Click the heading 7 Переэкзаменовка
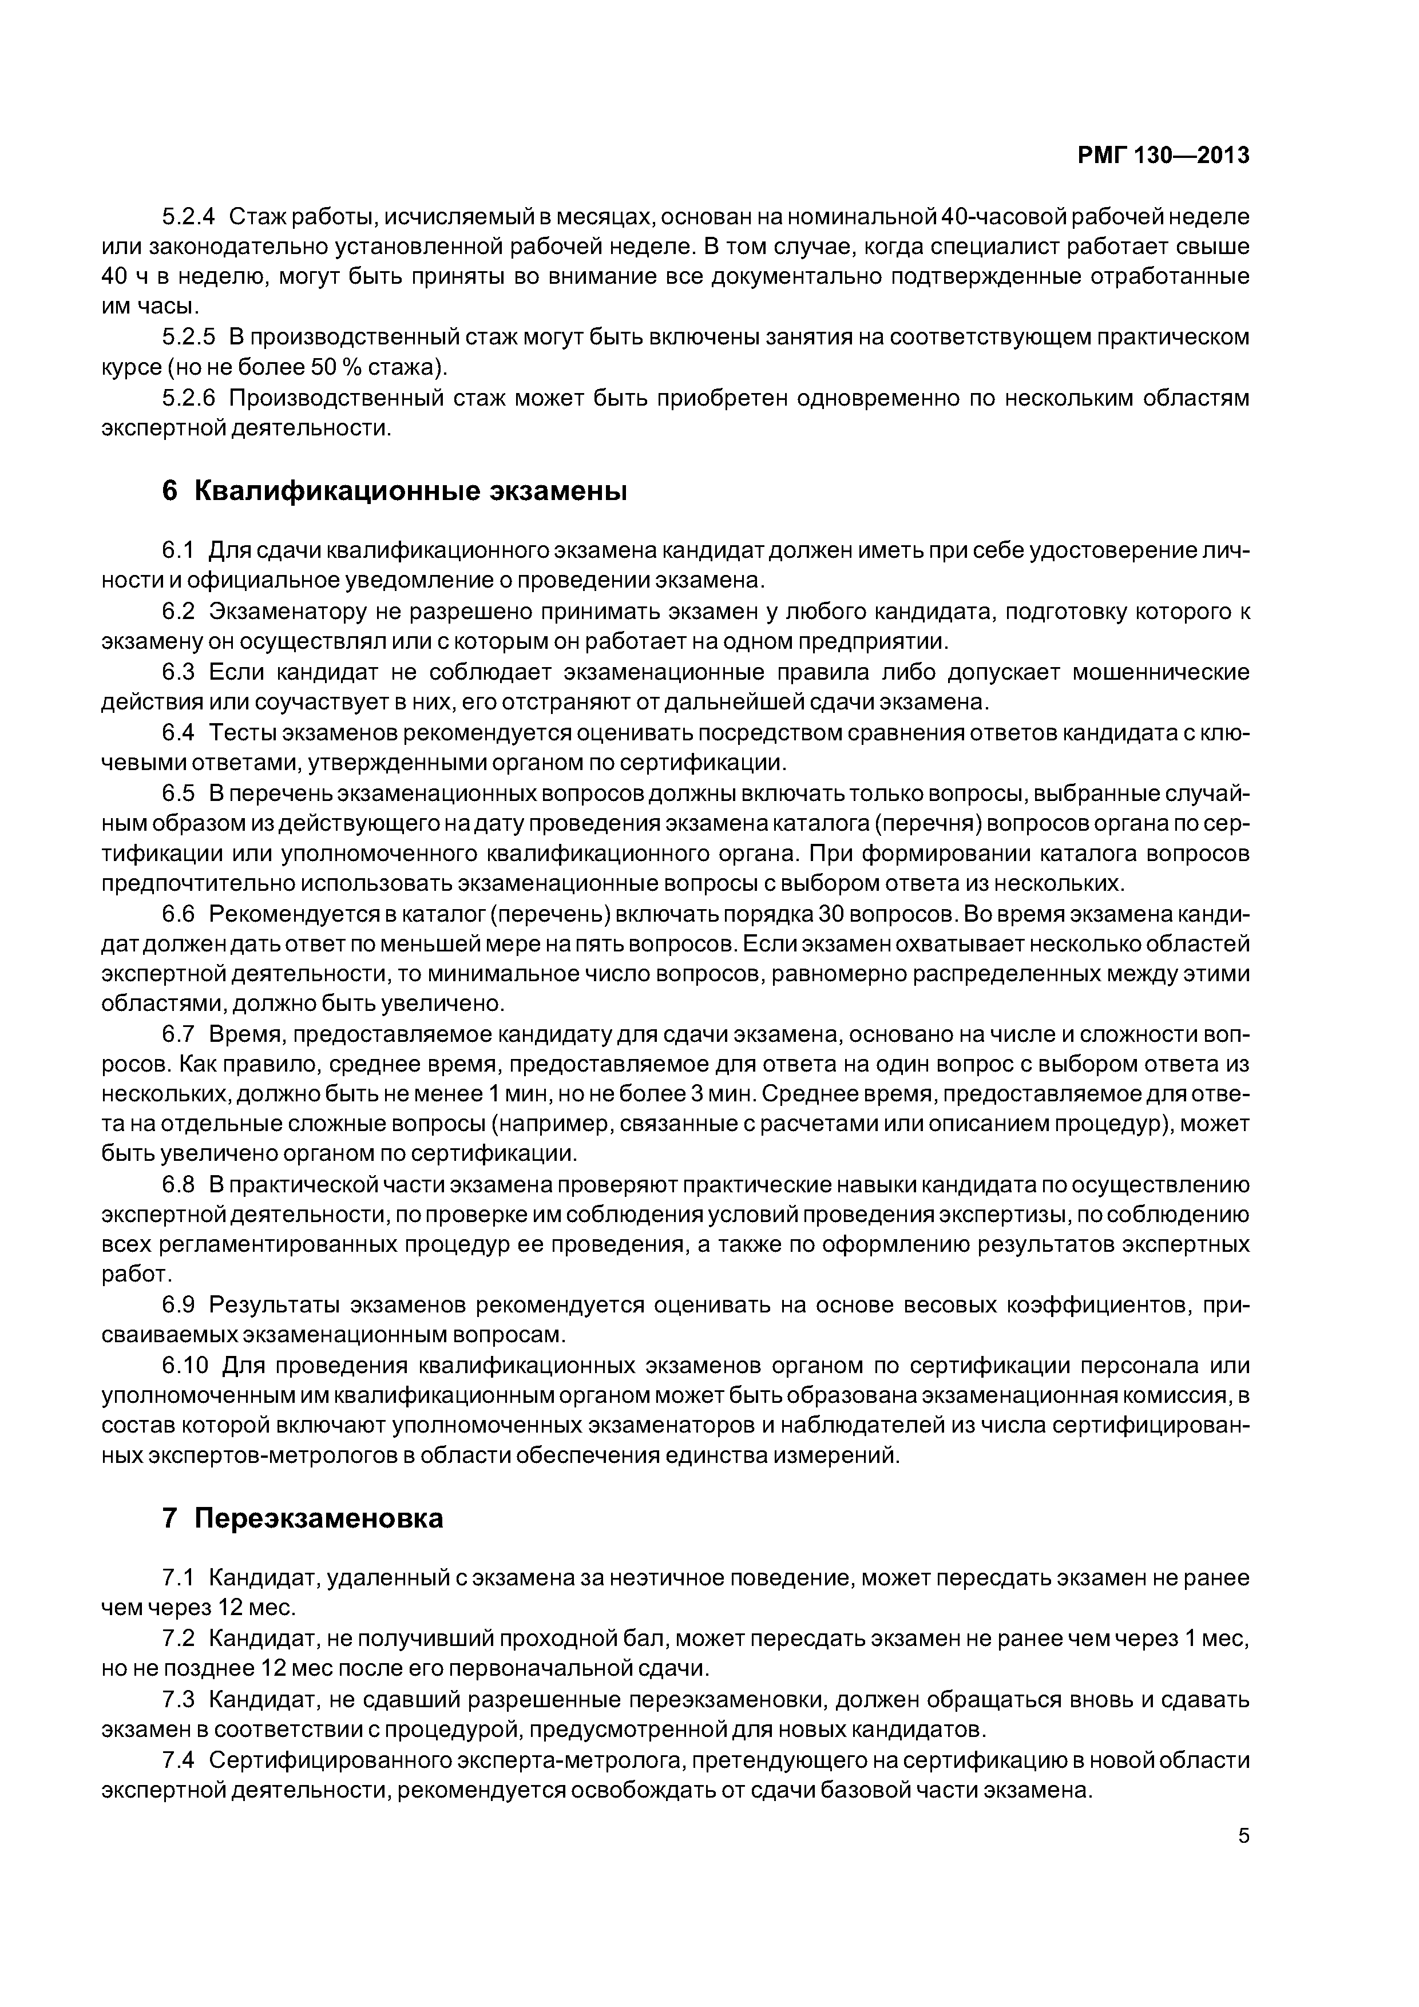(x=303, y=1518)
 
